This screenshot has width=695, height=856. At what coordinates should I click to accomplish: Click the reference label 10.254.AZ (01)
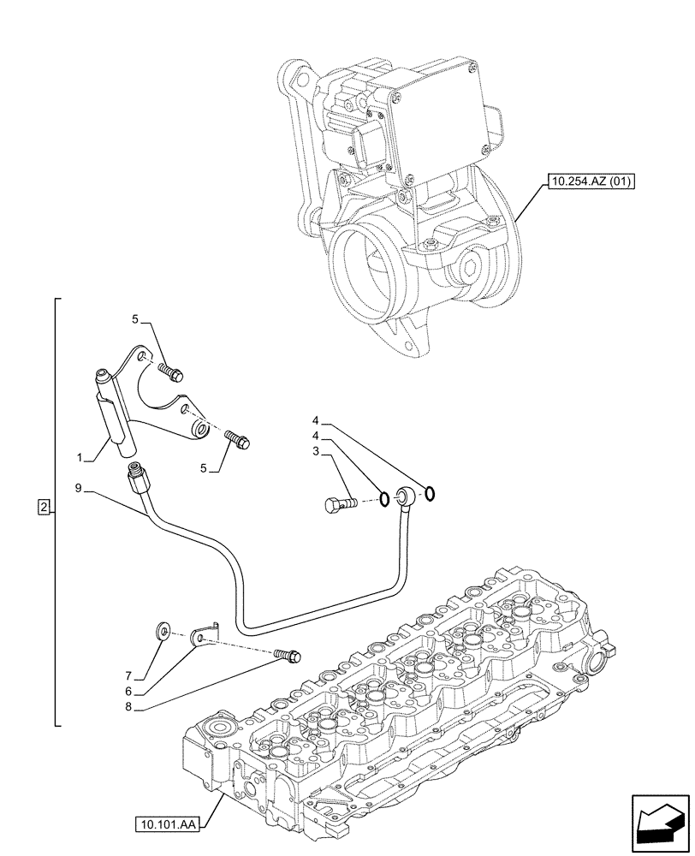coord(588,181)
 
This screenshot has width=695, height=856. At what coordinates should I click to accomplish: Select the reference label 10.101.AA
coord(166,825)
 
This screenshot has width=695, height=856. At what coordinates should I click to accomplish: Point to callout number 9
coord(79,489)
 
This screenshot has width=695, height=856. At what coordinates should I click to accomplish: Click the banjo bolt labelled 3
coord(341,503)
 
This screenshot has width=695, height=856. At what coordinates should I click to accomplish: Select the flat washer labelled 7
coord(162,633)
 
